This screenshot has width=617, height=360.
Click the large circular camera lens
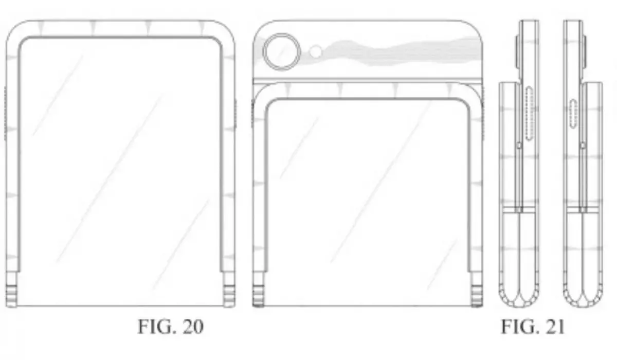click(282, 51)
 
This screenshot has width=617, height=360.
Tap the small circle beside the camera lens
click(316, 51)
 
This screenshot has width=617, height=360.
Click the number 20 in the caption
click(190, 327)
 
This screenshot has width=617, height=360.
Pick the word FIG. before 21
click(519, 327)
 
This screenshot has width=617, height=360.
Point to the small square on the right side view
click(582, 146)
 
